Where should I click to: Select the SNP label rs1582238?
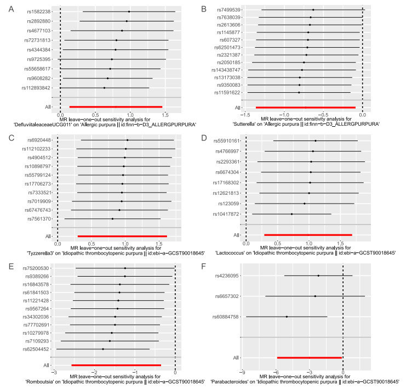(37, 12)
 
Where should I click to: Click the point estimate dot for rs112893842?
(104, 88)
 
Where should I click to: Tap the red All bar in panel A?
(116, 107)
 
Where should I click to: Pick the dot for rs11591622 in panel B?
(299, 92)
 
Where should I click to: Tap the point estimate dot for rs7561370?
(112, 219)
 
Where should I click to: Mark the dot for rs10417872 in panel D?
(292, 214)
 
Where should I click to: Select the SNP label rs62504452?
(37, 349)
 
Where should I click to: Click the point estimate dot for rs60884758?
(287, 317)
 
